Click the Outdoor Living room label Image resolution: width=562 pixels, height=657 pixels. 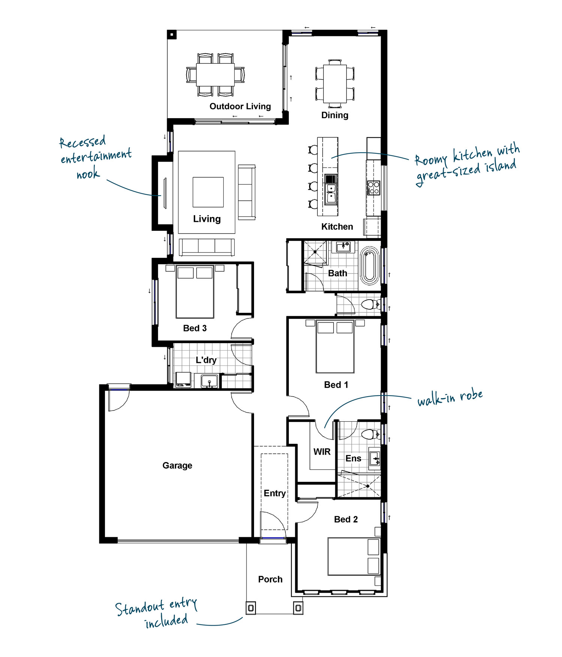(x=240, y=106)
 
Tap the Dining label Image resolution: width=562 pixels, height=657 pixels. (x=335, y=115)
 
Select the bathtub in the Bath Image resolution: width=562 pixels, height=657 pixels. (x=369, y=266)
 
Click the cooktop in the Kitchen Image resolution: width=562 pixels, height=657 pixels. (x=373, y=187)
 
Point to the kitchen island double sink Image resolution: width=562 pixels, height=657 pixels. (x=331, y=193)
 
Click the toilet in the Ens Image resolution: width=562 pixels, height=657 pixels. (x=371, y=434)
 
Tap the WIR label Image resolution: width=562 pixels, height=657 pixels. (x=322, y=452)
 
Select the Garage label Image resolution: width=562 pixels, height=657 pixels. (x=177, y=465)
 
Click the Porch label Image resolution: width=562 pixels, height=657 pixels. (x=270, y=579)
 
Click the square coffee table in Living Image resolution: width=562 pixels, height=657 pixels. (x=208, y=192)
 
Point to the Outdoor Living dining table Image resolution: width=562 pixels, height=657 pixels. (x=215, y=74)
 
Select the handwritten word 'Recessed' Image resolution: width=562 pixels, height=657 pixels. (x=82, y=142)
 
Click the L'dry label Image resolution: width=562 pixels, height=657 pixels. (x=206, y=360)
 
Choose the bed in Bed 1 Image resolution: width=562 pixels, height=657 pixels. (x=335, y=346)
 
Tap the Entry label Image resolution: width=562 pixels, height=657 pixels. (x=275, y=493)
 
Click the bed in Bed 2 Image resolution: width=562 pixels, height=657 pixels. (x=354, y=556)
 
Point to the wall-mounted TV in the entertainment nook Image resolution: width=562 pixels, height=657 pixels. (x=165, y=193)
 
